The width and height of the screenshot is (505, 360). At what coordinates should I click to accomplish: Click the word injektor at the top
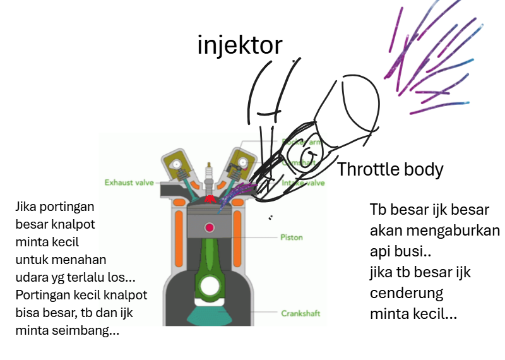click(x=239, y=45)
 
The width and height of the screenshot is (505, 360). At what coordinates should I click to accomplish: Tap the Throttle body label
click(x=389, y=169)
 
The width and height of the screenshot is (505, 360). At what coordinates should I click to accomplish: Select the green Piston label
click(x=291, y=237)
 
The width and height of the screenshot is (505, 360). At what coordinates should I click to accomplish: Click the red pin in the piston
click(x=208, y=227)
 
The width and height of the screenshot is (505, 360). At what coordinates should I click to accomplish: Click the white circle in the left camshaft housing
click(x=177, y=162)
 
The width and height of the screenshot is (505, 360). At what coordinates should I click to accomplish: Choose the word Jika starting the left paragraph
click(x=27, y=206)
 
